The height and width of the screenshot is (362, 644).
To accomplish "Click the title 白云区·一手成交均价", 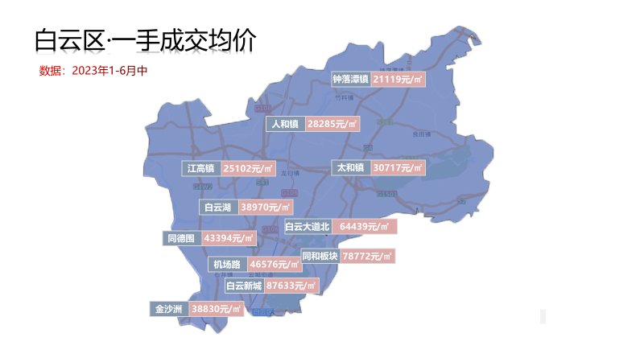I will point(145,40).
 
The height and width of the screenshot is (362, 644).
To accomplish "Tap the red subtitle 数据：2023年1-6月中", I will point(93,71).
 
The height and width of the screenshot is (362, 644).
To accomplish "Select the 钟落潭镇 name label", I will point(350,79).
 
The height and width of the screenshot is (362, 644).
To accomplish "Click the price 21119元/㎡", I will point(398,79).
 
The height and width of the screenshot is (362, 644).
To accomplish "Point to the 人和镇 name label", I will point(285,124).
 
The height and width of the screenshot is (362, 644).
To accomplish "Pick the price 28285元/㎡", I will point(332,124).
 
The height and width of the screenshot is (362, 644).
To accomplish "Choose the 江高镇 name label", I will point(200,169).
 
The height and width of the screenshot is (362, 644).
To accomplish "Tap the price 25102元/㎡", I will point(249,169).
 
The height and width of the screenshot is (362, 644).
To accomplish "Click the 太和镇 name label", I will point(351,168).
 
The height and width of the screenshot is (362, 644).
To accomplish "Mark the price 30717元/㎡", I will point(398,168).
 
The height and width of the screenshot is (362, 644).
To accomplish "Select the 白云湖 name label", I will point(218,208).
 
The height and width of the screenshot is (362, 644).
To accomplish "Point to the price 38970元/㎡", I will point(266,208).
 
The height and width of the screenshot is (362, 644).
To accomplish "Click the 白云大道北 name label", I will point(308,227).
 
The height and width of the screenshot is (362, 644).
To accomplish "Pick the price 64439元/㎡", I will point(364,227).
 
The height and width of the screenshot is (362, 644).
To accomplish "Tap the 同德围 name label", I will point(181,238).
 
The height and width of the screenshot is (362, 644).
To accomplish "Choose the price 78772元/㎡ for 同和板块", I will point(367,256).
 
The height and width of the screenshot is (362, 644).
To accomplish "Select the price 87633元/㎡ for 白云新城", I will point(291,286).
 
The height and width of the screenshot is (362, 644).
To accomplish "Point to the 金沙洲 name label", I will point(170,309).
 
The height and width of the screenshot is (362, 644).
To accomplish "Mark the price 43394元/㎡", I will point(229,238).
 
